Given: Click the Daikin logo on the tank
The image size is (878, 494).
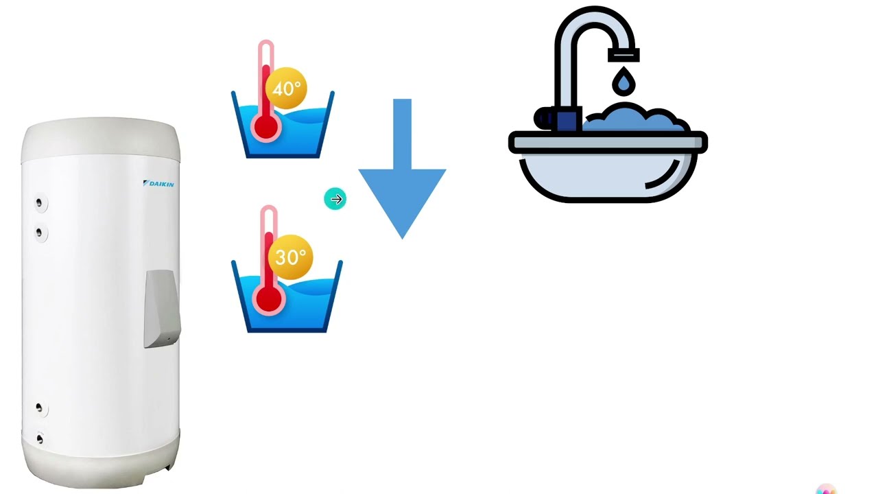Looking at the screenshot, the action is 158,184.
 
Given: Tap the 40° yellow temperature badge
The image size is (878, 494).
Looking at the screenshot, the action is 286,89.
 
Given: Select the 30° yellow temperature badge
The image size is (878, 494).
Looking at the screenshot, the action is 290,257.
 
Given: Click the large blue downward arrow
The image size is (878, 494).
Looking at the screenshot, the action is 402,169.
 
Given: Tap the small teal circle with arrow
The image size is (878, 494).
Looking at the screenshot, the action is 335,199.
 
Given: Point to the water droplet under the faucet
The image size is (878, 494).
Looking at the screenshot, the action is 624,81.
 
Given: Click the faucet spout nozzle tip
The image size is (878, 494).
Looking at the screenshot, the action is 624,55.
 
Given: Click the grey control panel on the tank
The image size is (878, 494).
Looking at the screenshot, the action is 163,309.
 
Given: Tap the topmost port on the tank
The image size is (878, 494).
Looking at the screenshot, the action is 39,202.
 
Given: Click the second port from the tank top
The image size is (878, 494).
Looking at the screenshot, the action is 39,233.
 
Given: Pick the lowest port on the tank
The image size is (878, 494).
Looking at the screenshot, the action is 40,438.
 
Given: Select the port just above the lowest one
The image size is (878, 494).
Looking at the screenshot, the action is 39,408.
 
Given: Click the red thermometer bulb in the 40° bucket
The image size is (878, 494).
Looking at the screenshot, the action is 265,126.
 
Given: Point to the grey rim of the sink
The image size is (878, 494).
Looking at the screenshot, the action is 608,142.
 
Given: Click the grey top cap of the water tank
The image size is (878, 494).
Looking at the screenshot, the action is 101,140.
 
